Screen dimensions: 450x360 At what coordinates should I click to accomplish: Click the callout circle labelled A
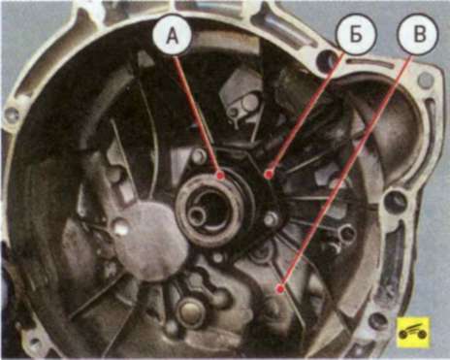173,36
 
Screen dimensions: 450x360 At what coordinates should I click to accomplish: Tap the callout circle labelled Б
356,35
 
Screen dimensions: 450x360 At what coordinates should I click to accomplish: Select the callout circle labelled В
419,35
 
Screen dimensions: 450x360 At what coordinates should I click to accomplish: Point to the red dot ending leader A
221,176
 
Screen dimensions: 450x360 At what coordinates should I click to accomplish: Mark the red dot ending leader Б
268,175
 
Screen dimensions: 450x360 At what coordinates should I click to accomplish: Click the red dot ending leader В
280,288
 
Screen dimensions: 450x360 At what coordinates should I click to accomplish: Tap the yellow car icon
413,332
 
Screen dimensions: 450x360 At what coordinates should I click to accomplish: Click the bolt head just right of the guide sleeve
271,219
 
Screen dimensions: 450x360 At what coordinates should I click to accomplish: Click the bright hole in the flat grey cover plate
121,227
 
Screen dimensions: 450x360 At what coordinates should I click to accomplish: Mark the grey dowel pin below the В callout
425,79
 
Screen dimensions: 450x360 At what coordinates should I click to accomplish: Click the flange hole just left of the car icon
378,321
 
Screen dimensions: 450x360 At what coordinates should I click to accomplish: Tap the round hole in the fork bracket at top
249,103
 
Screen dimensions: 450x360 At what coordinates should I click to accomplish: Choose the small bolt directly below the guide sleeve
219,258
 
